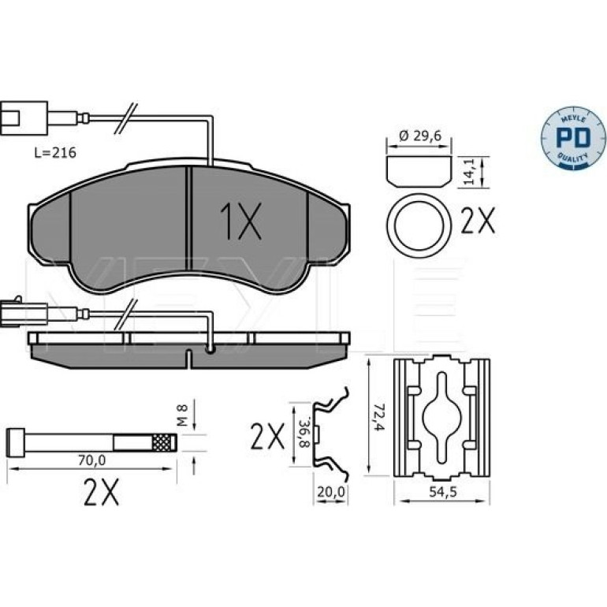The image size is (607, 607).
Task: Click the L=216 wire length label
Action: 55,153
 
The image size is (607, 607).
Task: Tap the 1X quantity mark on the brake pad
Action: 240,220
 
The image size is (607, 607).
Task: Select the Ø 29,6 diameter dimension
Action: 420,136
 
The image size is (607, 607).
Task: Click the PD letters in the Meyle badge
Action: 573,137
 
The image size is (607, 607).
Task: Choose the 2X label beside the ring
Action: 478,221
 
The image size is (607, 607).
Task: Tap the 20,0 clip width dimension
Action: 331,492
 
